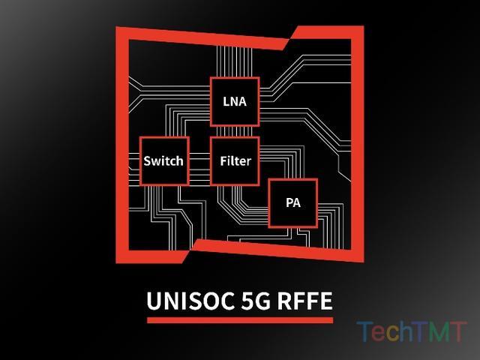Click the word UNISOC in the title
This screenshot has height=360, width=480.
tap(190, 301)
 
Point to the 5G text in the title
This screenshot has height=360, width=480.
tap(256, 301)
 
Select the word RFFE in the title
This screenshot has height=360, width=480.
tap(305, 301)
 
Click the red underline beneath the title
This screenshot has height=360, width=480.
tap(240, 320)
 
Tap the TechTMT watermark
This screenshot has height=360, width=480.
tap(412, 331)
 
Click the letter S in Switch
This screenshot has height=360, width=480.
tap(147, 161)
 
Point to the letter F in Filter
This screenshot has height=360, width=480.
tap(223, 161)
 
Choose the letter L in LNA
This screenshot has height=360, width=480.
tap(226, 102)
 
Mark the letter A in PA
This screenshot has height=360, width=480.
tap(297, 202)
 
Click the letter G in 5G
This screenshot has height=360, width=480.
tap(263, 301)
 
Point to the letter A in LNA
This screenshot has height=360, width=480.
tap(242, 102)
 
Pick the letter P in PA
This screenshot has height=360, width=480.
tap(289, 202)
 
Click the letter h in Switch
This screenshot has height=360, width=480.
tap(180, 160)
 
